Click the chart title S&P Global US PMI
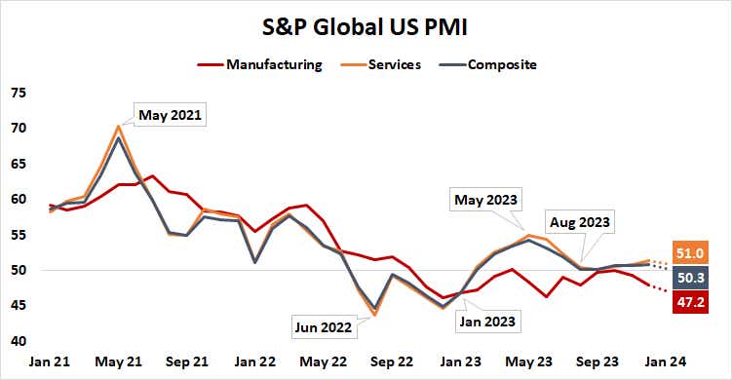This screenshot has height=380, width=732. coord(366,26)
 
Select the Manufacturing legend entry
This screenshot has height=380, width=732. coord(273,65)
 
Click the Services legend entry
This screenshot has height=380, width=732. coord(395,65)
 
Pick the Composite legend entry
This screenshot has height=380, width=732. coord(501,65)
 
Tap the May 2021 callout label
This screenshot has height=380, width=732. coord(170,115)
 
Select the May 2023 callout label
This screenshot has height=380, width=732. coord(484,201)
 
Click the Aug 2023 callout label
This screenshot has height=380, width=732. coord(579,222)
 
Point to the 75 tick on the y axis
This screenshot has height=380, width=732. coord(19,94)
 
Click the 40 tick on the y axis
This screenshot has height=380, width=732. coord(19,341)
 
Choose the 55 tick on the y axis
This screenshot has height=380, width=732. coord(19,235)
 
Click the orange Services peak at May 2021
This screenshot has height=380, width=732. coord(119,126)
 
